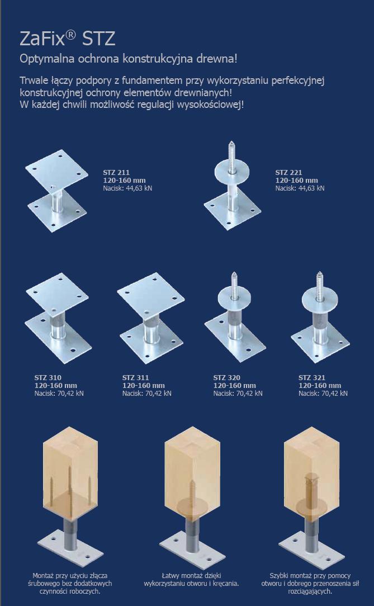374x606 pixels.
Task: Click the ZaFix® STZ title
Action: click(67, 40)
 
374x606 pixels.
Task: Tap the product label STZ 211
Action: click(116, 172)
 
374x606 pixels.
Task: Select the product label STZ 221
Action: click(288, 172)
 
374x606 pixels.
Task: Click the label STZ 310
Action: click(48, 377)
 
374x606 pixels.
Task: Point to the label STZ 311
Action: click(135, 377)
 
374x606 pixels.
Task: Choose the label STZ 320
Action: click(226, 377)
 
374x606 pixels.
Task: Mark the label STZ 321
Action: click(311, 377)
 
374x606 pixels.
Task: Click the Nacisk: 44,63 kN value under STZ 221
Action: click(300, 188)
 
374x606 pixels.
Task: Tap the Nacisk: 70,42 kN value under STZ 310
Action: click(59, 394)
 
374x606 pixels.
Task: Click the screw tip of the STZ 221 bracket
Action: click(231, 143)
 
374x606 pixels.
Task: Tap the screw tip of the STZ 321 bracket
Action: click(319, 273)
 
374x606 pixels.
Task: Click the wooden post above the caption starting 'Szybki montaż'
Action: click(312, 475)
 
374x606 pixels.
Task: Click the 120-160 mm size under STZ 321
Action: click(320, 385)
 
